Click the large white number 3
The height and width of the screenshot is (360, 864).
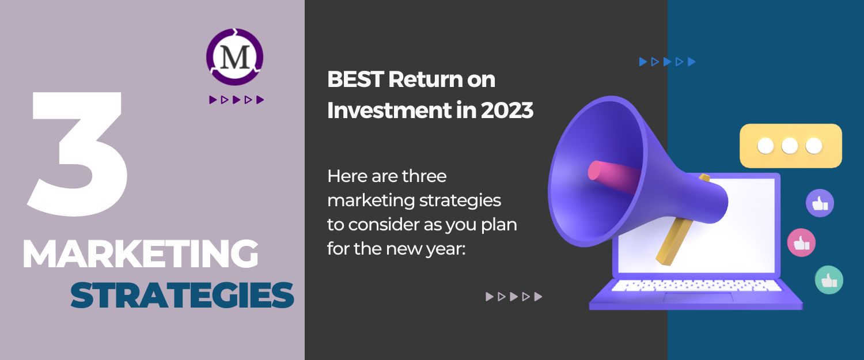click(77, 154)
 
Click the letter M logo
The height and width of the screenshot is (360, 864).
click(235, 56)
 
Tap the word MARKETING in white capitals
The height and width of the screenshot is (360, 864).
click(141, 254)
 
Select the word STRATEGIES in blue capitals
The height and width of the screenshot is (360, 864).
click(182, 295)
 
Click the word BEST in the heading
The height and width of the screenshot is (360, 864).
click(355, 79)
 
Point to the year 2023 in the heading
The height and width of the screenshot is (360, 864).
click(507, 111)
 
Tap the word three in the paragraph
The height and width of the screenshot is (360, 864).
click(425, 176)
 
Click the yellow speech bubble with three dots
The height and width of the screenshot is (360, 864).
click(791, 146)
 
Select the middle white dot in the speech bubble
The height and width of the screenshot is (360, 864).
click(790, 146)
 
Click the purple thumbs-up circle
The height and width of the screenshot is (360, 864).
click(820, 203)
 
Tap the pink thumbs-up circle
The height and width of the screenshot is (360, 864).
click(801, 242)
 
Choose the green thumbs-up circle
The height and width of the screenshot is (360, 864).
click(829, 280)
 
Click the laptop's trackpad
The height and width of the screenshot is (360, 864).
click(698, 297)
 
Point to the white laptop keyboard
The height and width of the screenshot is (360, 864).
click(696, 286)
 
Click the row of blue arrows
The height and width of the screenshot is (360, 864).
click(667, 62)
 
